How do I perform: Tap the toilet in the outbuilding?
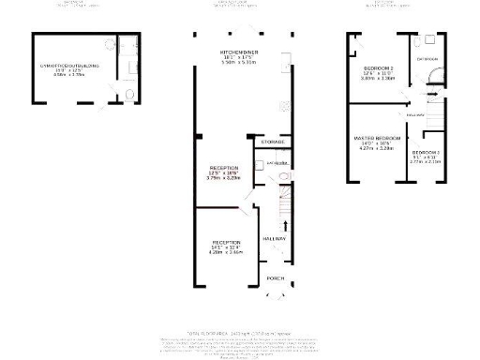tap(130, 95)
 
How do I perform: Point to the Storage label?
tap(273, 142)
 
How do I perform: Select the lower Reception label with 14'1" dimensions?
tap(225, 247)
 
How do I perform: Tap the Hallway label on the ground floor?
tap(275, 239)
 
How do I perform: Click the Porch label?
tap(276, 278)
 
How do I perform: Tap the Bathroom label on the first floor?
tap(428, 59)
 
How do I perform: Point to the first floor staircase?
tap(437, 115)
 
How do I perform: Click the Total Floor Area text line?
tap(240, 333)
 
